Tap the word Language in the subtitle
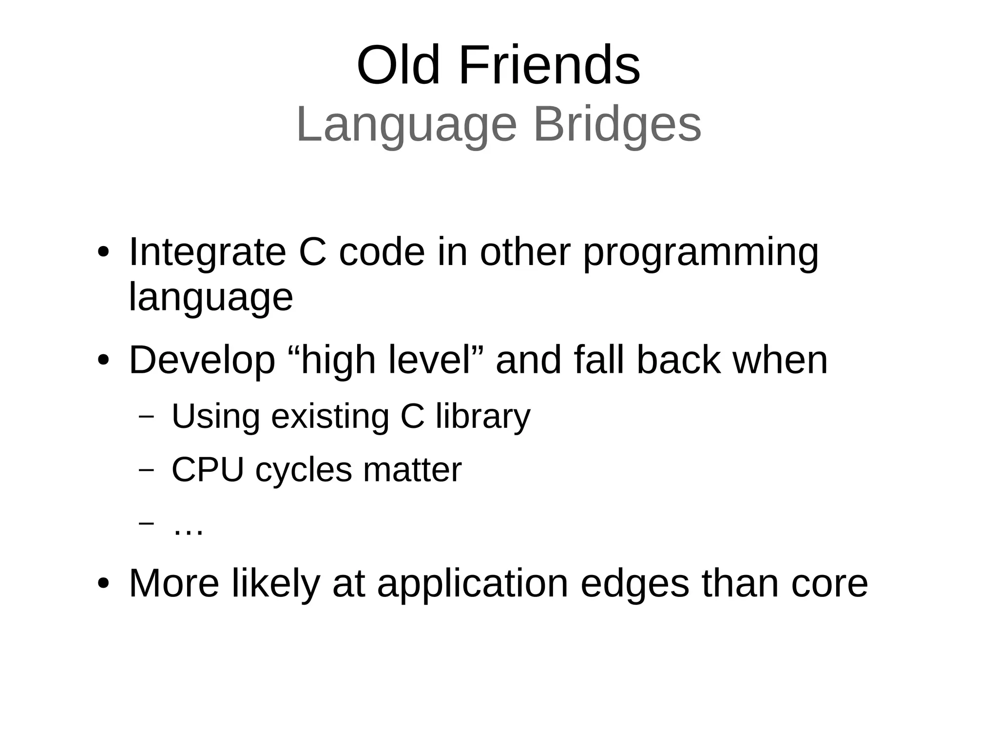(x=406, y=125)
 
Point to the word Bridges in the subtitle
(x=617, y=125)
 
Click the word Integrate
(x=207, y=252)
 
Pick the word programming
(x=701, y=252)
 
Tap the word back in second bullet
(x=678, y=361)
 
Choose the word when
(x=781, y=361)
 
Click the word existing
(x=330, y=417)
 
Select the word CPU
(x=208, y=470)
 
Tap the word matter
(x=412, y=470)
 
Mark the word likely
(x=276, y=583)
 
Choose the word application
(x=473, y=583)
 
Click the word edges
(x=634, y=583)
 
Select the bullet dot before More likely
(x=103, y=583)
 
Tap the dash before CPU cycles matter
(x=146, y=470)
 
